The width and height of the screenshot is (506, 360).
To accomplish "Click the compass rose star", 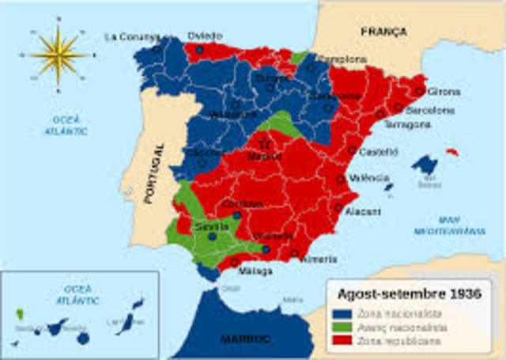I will tap(59, 55).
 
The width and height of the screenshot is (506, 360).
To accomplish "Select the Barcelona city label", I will tap(430, 111).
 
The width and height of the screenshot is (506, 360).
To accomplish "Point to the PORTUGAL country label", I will tap(150, 174).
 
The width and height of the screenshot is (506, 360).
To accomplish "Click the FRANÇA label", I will tap(383, 32).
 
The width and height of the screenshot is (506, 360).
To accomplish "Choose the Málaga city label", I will tap(255, 271).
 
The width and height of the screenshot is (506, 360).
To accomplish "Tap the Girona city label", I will tap(443, 92).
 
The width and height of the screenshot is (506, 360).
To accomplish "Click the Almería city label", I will tap(319, 260).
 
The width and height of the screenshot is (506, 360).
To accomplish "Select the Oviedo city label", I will tap(205, 36).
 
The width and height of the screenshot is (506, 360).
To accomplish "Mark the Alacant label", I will tap(362, 212).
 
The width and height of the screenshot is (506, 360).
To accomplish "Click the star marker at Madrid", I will tap(264, 143).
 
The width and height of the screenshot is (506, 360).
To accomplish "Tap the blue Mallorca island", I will tap(425, 165).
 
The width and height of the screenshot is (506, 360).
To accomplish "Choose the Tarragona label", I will tap(407, 125).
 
